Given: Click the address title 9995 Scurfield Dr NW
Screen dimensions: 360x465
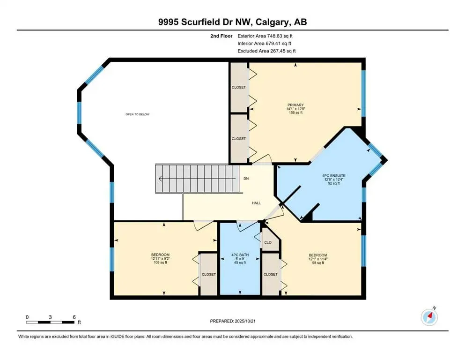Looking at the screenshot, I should pyautogui.click(x=232, y=22).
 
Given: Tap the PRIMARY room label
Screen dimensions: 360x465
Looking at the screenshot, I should pyautogui.click(x=296, y=105).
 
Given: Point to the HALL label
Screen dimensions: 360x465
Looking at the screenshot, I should pyautogui.click(x=256, y=203).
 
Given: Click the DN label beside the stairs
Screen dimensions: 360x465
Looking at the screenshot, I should pyautogui.click(x=246, y=179).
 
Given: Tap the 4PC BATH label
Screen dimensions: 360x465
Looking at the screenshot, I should pyautogui.click(x=239, y=255).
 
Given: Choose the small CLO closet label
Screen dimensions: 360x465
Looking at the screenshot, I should pyautogui.click(x=268, y=243).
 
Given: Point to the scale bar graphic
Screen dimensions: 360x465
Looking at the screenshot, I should pyautogui.click(x=51, y=322).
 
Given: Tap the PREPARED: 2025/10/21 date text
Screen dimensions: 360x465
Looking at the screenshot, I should pyautogui.click(x=234, y=321).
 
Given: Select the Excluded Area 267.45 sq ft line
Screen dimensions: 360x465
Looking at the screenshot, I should pyautogui.click(x=266, y=51).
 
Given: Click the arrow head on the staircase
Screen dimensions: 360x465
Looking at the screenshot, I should pyautogui.click(x=160, y=179).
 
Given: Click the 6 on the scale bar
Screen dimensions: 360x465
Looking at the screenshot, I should pyautogui.click(x=74, y=317).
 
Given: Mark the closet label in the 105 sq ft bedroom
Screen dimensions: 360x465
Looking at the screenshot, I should pyautogui.click(x=208, y=274).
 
